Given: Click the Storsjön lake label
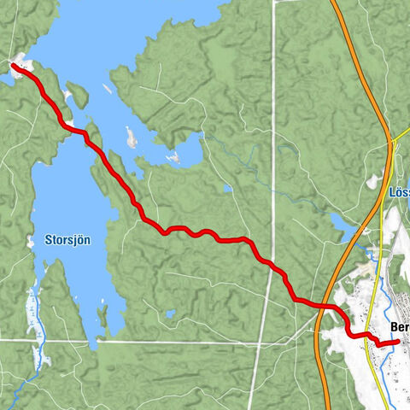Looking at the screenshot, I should coord(67,241).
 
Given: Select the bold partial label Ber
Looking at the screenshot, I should coord(398,327).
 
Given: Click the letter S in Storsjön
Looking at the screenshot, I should coord(48,241).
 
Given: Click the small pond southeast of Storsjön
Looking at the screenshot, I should coord(171,313).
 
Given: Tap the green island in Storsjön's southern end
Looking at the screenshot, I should coord(102,317).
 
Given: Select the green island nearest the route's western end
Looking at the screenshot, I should coord(78,94).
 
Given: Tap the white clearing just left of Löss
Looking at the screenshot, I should coord(373,183).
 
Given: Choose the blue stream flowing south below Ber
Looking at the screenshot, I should coord(389,376).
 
